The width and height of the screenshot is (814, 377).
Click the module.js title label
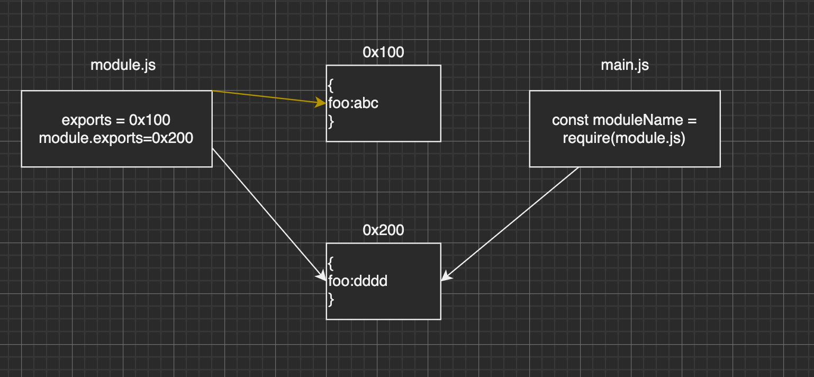tap(123, 65)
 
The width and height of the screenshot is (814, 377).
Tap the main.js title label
tap(625, 65)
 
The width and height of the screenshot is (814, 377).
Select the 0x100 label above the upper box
tap(383, 52)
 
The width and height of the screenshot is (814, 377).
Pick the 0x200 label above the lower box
tap(383, 230)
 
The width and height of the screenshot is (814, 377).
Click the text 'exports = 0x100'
tap(116, 120)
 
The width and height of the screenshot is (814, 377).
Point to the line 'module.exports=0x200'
tap(116, 138)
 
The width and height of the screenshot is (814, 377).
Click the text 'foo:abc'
tap(353, 103)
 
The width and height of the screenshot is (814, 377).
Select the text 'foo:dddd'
tap(358, 281)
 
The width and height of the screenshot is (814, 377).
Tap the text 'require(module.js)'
tap(625, 139)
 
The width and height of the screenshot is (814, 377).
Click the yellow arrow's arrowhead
tap(321, 103)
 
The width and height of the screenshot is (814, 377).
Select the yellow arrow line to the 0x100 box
tap(265, 97)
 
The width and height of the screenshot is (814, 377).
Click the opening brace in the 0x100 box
tap(331, 85)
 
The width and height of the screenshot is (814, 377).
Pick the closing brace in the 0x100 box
tap(331, 121)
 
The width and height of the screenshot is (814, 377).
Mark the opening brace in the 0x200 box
tap(331, 263)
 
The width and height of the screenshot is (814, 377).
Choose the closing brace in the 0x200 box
tap(331, 299)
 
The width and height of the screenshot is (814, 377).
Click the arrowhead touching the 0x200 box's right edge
tap(447, 276)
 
